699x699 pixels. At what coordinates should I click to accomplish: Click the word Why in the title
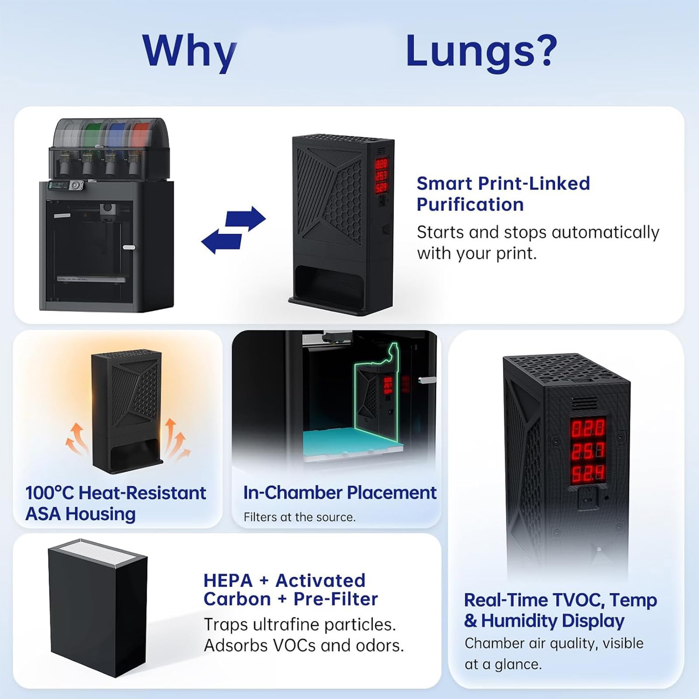189,52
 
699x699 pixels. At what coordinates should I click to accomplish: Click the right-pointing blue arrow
245,218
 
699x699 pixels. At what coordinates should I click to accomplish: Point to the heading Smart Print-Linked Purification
503,194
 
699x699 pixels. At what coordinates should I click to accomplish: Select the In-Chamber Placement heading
340,492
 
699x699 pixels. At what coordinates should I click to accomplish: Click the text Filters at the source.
300,517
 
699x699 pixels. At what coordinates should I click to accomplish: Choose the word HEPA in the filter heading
228,581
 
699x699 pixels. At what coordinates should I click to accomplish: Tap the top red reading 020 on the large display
588,428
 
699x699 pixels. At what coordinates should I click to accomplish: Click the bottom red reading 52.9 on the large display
588,473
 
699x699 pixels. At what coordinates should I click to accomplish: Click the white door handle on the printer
129,247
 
